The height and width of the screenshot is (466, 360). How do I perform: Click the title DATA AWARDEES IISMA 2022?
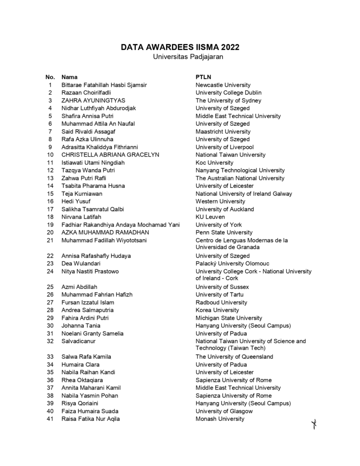[x=180, y=47]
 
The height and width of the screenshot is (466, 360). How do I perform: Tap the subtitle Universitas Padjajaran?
[x=180, y=56]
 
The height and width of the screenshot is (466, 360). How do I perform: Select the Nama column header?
[x=69, y=77]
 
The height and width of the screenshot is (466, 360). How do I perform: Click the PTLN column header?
[x=203, y=77]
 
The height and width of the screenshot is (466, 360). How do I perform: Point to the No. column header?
[x=50, y=77]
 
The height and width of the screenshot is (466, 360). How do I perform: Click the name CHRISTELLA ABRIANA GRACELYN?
[x=110, y=155]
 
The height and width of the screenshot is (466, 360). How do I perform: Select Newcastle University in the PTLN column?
[x=223, y=85]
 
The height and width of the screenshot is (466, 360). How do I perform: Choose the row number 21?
[x=51, y=240]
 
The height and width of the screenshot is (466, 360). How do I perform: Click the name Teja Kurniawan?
[x=82, y=193]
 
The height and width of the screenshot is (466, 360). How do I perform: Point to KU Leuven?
[x=210, y=217]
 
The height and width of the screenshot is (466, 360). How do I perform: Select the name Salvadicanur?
[x=79, y=341]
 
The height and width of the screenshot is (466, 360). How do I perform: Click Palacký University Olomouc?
[x=232, y=263]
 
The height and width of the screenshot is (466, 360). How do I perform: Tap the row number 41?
[x=51, y=419]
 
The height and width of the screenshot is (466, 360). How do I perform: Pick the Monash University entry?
[x=220, y=419]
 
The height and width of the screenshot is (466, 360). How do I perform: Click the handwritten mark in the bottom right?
[x=314, y=425]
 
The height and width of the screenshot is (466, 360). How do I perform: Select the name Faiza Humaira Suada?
[x=90, y=411]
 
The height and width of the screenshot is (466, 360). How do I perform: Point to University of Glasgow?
[x=224, y=411]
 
